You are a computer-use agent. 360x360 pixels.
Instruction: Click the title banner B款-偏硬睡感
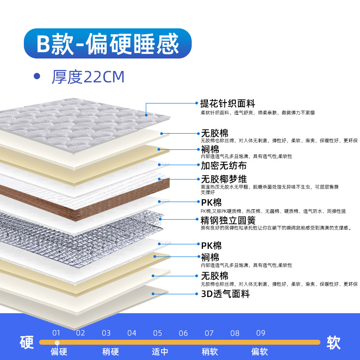[108, 44]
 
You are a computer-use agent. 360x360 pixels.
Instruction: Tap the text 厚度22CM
[87, 77]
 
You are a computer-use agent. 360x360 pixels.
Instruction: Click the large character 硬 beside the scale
[27, 342]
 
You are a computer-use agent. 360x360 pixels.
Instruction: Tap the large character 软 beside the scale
[333, 342]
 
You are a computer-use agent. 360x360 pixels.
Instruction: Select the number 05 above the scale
[157, 333]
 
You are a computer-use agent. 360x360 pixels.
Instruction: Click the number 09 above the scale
[261, 333]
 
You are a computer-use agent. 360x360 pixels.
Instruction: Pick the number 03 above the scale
[106, 333]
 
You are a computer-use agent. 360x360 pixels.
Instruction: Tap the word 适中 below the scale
[160, 351]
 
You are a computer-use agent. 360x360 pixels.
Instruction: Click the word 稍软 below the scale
[210, 351]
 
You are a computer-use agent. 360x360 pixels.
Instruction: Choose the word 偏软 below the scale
[259, 351]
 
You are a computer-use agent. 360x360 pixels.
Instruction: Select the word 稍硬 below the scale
[111, 351]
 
